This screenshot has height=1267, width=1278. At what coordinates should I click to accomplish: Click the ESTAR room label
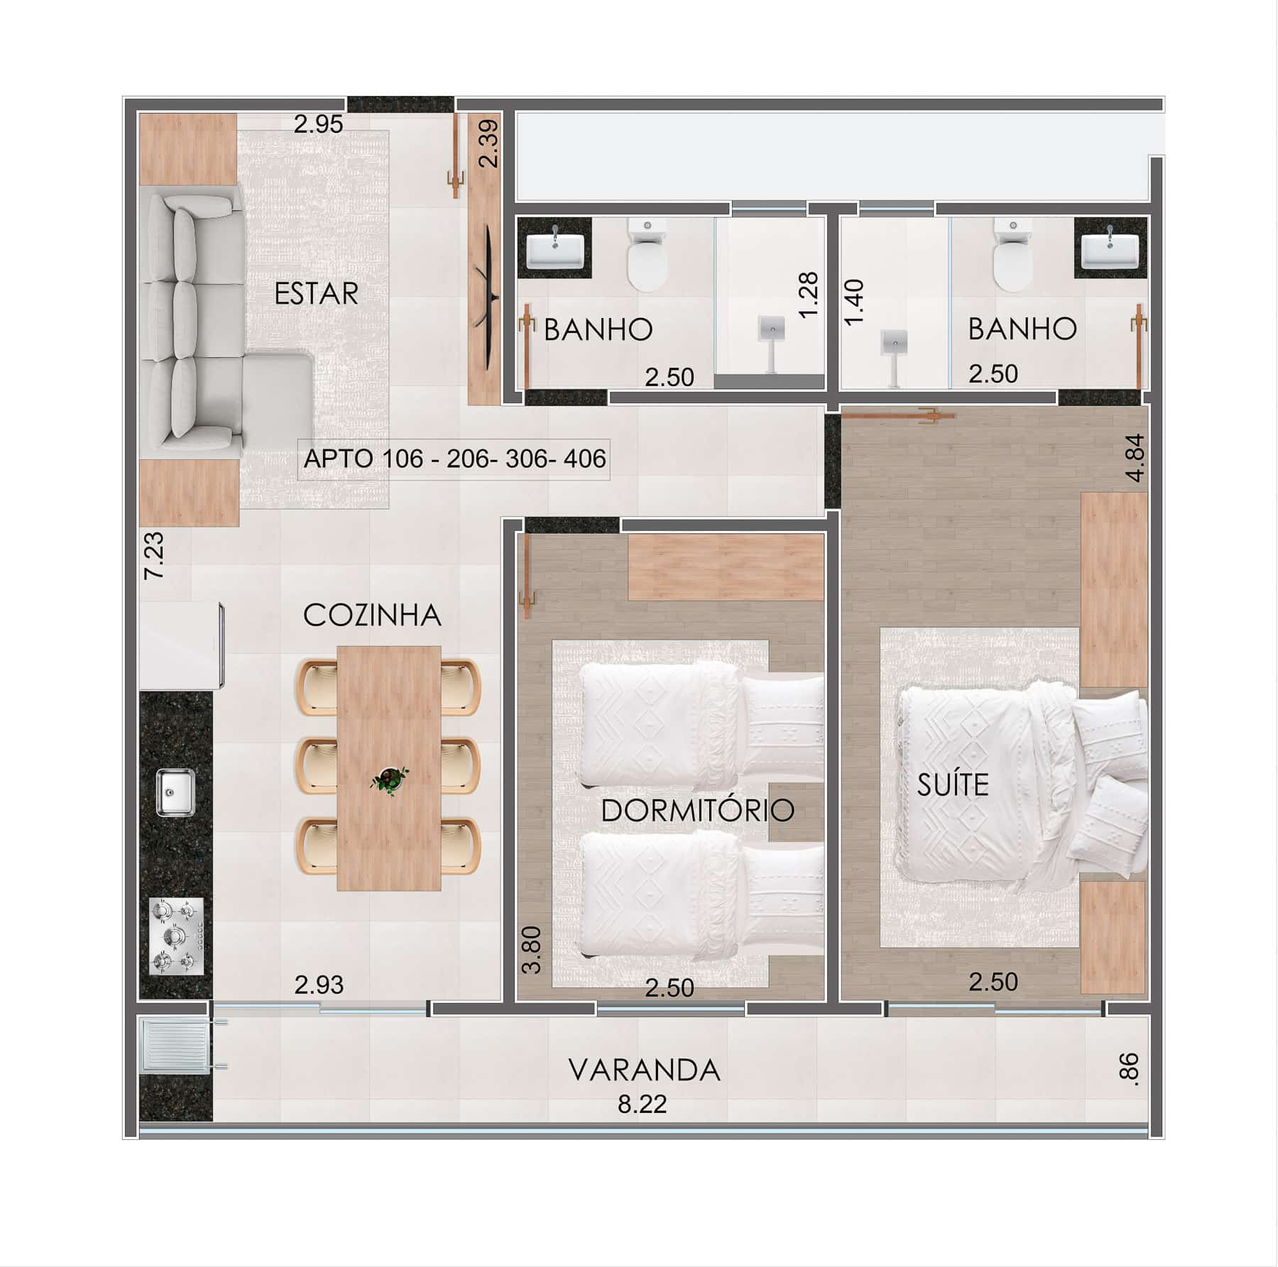click(316, 293)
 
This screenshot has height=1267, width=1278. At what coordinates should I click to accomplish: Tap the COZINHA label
click(372, 615)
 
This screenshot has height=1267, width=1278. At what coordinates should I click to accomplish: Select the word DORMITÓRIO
click(697, 810)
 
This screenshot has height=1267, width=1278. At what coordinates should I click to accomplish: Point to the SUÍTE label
click(953, 784)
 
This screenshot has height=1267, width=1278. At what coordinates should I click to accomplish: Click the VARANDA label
click(644, 1070)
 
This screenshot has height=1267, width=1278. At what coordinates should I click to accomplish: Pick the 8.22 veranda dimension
click(642, 1104)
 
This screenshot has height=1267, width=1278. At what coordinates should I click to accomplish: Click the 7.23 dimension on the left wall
click(154, 556)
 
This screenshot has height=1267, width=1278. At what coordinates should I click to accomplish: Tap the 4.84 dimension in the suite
click(1135, 458)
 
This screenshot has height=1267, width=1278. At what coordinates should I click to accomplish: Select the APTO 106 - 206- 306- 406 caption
click(454, 459)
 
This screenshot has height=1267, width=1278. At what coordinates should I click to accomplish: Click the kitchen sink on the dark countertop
click(175, 792)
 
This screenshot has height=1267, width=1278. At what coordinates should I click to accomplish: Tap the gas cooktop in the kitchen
click(177, 936)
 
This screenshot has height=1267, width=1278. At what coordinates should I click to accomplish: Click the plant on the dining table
click(389, 779)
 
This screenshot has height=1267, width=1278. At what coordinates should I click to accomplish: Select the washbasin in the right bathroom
click(1110, 248)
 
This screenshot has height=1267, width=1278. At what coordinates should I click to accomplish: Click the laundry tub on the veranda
click(175, 1044)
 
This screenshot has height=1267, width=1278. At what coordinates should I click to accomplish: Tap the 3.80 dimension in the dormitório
click(532, 950)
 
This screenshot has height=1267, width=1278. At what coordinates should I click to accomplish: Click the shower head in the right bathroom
click(895, 342)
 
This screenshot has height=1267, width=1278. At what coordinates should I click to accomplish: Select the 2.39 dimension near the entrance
click(488, 144)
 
